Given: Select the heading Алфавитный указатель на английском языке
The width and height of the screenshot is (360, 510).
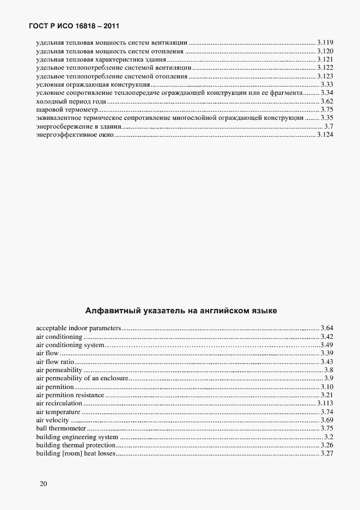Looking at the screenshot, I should point(181,311).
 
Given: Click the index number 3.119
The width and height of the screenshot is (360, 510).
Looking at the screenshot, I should point(325,41).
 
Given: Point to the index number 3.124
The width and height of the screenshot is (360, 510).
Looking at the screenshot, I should point(325,135).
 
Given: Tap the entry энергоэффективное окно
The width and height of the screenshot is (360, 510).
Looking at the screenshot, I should point(75,135).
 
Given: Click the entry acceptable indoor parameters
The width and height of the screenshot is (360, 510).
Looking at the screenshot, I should point(78,328).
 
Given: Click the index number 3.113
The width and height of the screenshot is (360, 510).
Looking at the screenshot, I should point(325,403).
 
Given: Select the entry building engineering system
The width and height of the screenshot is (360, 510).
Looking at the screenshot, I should point(77,437).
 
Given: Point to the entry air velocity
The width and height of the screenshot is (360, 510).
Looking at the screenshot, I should point(53,420).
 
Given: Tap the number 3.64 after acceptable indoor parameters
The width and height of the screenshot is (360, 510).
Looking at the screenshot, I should point(327,328).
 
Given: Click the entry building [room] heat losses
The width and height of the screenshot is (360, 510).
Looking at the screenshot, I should point(76,453).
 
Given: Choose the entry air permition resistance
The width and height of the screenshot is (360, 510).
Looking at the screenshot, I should point(70,395).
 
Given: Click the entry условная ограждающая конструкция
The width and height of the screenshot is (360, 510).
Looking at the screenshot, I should point(93,84).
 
